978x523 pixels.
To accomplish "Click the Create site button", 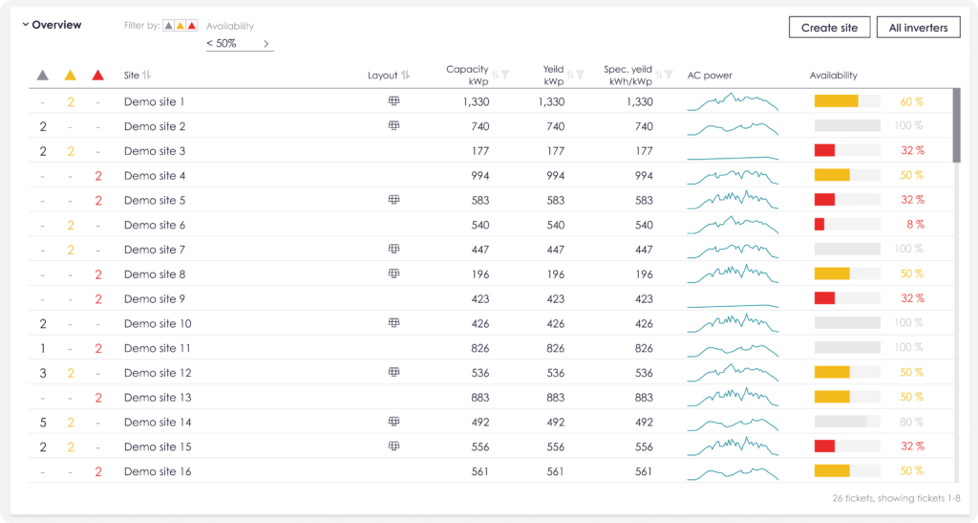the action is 829,28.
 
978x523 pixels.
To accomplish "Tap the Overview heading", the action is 56,25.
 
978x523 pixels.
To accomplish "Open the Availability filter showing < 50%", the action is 240,44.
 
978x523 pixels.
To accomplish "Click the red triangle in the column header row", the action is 98,76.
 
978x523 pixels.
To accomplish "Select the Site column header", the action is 132,76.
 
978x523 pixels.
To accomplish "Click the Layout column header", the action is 382,76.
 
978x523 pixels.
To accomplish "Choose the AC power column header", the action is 710,76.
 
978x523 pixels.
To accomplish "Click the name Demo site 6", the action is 155,225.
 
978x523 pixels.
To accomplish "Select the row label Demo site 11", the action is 158,348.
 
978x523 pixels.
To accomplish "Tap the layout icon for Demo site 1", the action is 393,101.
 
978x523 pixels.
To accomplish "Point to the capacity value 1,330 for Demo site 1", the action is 476,101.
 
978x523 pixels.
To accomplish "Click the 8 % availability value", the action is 915,225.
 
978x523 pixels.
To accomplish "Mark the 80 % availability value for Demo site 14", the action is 911,422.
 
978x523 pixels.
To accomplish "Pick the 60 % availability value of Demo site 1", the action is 911,101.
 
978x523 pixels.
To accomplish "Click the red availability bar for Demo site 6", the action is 819,224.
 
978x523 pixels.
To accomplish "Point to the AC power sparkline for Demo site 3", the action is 733,158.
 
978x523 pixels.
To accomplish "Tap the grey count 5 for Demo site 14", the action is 43,423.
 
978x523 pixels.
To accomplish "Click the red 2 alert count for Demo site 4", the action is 98,176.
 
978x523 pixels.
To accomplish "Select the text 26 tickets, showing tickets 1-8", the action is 896,498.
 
